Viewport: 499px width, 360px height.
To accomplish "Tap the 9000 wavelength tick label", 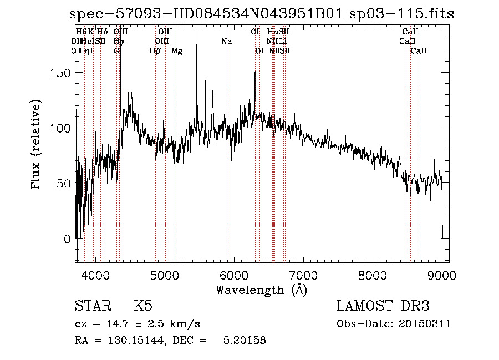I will pyautogui.click(x=441, y=275).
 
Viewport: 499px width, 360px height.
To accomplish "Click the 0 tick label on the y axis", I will pyautogui.click(x=67, y=239).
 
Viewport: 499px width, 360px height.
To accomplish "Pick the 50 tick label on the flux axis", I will pyautogui.click(x=63, y=184).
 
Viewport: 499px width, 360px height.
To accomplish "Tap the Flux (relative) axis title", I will pyautogui.click(x=37, y=145).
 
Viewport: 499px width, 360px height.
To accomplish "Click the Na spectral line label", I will pyautogui.click(x=226, y=41).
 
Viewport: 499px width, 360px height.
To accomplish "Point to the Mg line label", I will pyautogui.click(x=177, y=51).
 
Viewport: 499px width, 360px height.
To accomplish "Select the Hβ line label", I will pyautogui.click(x=155, y=51).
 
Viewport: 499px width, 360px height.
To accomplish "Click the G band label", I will pyautogui.click(x=116, y=51).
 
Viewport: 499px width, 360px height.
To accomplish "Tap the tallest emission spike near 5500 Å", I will pyautogui.click(x=197, y=32).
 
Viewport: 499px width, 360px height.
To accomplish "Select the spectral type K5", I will pyautogui.click(x=143, y=306).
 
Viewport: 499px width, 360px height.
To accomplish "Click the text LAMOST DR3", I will pyautogui.click(x=383, y=306).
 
